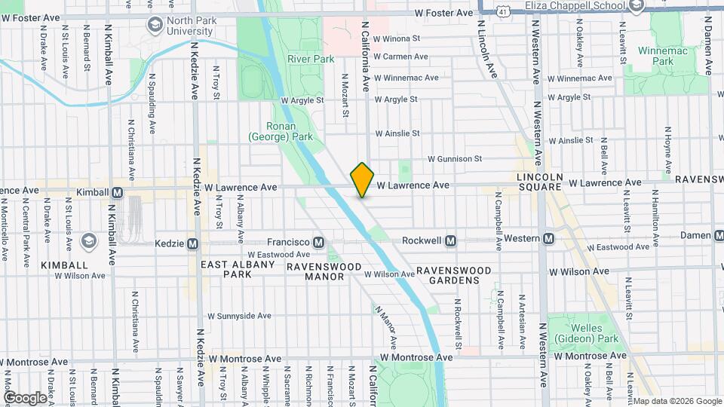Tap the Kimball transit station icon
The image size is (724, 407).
(x=118, y=192)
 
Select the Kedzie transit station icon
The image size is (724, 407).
(x=192, y=243)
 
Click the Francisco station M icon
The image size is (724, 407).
(x=318, y=242)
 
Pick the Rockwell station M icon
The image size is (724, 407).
(x=450, y=240)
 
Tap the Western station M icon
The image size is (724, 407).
(x=549, y=239)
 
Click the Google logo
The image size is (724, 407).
(x=25, y=397)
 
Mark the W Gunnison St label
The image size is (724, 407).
(x=454, y=159)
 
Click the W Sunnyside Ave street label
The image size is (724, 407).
(x=239, y=317)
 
